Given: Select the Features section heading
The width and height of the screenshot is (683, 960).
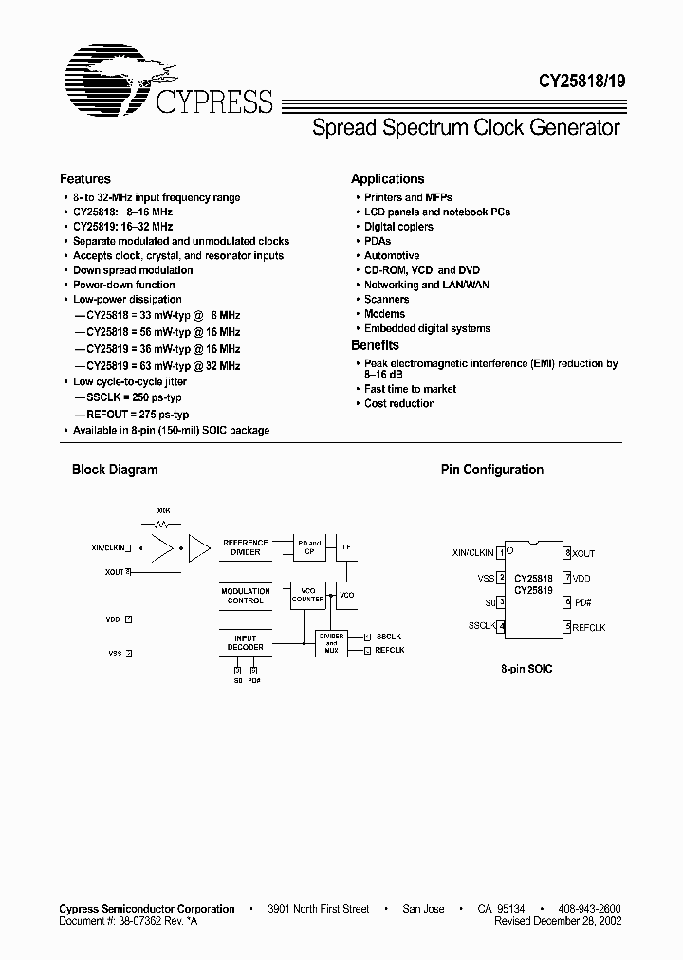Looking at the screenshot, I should (85, 178).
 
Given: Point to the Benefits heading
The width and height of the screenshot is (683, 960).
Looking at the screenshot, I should (375, 345).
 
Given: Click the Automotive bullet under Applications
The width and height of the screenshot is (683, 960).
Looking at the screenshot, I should (392, 256).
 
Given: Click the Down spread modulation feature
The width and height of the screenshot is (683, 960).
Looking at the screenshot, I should (133, 270).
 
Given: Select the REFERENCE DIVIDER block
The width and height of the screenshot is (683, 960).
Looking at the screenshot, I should (246, 546).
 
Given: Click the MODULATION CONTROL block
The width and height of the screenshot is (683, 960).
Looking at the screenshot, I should (246, 596).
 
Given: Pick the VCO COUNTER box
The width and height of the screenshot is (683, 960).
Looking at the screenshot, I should (307, 594).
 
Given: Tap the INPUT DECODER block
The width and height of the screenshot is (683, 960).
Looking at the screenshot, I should (246, 642).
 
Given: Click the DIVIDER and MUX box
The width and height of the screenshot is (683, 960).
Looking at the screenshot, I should (331, 642).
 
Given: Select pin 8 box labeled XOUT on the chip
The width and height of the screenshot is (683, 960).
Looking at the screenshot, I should (568, 553).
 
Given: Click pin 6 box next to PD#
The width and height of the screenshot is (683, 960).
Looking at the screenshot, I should (568, 601).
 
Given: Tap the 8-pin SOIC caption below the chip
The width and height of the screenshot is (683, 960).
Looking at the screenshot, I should (526, 669).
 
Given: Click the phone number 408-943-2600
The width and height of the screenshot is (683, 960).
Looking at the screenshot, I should (590, 909).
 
